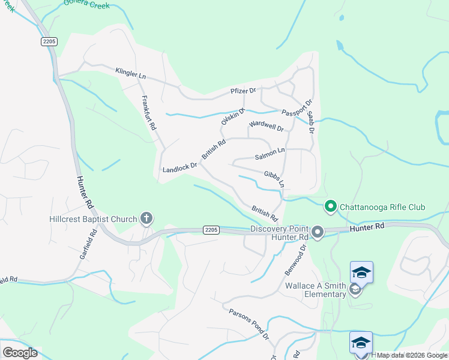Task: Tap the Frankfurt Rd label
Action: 148,113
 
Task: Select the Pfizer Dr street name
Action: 244,91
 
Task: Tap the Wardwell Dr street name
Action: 266,127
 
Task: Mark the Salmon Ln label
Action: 270,154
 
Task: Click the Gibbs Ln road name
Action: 274,178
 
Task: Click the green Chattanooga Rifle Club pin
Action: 330,206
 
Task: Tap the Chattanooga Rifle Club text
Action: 382,208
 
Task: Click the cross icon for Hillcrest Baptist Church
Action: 146,218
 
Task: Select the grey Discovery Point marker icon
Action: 318,231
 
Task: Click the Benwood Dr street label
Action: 295,259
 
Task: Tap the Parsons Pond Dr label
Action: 249,324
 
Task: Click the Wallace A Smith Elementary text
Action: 315,290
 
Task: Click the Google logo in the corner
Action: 20,353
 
